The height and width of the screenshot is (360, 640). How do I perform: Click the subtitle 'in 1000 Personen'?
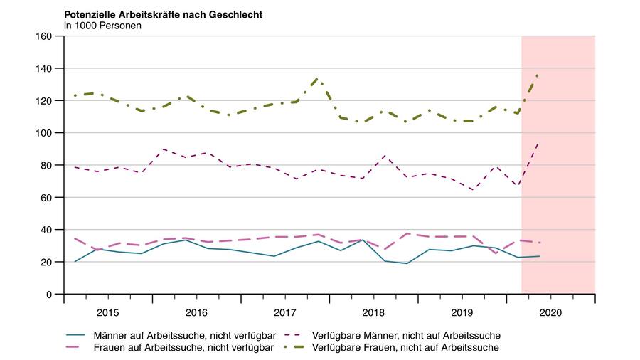[x=102, y=26]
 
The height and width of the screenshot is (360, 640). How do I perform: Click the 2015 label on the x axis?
[x=107, y=312]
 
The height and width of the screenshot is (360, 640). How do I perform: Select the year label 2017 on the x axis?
[x=284, y=312]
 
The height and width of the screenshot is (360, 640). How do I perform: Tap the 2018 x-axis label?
[x=373, y=312]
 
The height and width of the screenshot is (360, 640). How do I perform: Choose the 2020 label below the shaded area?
[x=550, y=312]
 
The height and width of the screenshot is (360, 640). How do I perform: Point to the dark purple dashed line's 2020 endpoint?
[x=539, y=142]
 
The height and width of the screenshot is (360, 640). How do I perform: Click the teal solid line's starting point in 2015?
[x=75, y=261]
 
